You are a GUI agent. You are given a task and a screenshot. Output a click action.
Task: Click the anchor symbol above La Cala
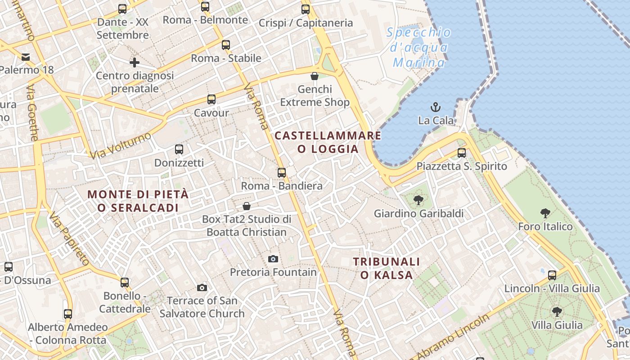click(x=435, y=107)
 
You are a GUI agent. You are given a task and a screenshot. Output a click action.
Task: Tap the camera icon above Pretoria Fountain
click(x=273, y=259)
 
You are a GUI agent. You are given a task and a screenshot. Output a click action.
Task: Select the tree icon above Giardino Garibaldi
click(x=418, y=200)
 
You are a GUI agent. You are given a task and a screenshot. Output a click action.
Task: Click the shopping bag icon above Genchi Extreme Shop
click(x=315, y=76)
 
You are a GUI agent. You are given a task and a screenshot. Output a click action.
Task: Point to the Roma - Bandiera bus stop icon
click(x=282, y=172)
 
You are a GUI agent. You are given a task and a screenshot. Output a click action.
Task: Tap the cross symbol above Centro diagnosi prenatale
click(x=134, y=63)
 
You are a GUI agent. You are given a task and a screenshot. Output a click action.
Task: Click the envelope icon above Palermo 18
click(x=25, y=57)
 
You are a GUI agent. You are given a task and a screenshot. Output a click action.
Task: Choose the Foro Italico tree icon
click(x=545, y=213)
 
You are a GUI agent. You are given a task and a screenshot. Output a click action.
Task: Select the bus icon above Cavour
click(x=211, y=99)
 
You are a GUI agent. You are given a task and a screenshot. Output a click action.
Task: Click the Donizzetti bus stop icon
click(x=179, y=149)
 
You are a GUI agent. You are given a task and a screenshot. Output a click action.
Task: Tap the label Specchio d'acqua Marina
click(x=419, y=47)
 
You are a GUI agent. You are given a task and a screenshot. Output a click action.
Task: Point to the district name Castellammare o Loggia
click(x=328, y=142)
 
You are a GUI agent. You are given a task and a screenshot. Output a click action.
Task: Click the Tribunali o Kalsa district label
click(x=386, y=268)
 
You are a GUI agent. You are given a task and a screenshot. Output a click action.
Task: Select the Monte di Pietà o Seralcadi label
click(x=138, y=201)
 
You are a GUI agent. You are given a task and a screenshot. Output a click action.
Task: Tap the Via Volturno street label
click(x=120, y=145)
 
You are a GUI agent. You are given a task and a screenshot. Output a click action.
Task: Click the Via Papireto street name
click(x=69, y=238)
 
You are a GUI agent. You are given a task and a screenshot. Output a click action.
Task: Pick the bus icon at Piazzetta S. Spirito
click(x=462, y=153)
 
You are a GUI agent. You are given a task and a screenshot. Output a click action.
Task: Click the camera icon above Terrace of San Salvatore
click(x=202, y=288)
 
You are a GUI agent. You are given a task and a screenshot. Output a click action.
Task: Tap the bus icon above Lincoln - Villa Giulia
click(x=552, y=275)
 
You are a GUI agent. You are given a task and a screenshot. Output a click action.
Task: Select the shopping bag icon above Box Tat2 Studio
click(x=247, y=206)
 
